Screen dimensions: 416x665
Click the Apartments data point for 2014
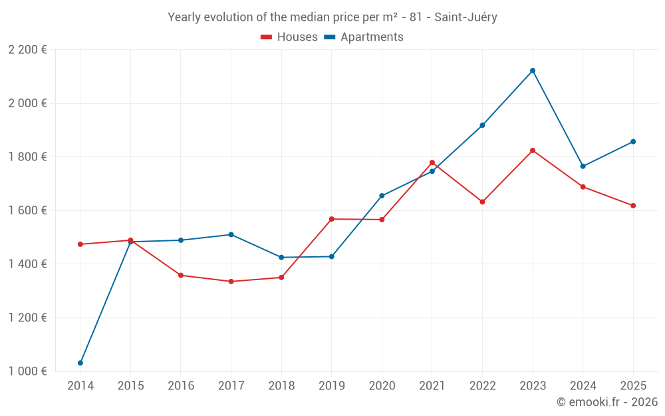80,363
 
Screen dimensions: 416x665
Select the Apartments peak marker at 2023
533,71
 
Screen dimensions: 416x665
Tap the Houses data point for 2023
533,150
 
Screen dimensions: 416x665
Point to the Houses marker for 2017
231,282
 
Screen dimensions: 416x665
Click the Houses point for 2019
331,219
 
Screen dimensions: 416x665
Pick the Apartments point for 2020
382,196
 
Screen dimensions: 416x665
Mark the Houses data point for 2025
633,206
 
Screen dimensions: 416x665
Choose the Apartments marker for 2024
583,166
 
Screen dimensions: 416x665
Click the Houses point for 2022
482,202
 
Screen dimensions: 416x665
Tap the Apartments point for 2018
281,258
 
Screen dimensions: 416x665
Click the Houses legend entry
289,37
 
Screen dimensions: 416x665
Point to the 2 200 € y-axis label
27,50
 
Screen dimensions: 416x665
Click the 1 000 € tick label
27,371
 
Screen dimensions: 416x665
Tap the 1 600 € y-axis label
27,210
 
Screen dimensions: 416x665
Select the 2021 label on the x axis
432,386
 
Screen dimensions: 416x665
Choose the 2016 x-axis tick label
181,386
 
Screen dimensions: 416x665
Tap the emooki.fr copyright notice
607,402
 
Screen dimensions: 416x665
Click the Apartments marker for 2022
482,125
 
